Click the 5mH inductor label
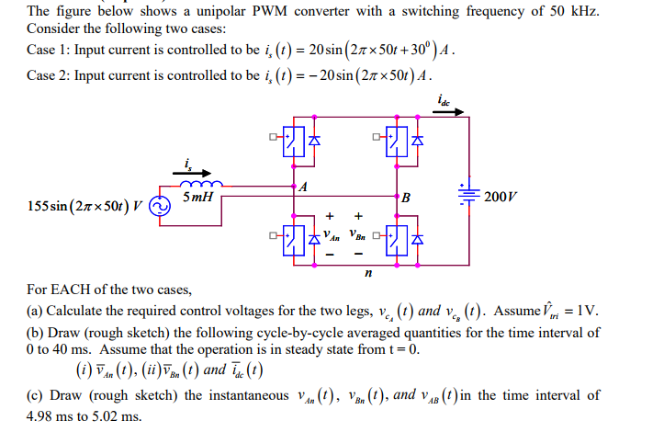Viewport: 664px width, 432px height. pyautogui.click(x=199, y=198)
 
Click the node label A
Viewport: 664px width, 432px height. pyautogui.click(x=303, y=188)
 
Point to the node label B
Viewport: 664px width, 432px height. pyautogui.click(x=405, y=198)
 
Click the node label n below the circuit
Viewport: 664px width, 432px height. pyautogui.click(x=368, y=272)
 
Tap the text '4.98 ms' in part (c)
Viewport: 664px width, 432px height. pyautogui.click(x=50, y=416)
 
